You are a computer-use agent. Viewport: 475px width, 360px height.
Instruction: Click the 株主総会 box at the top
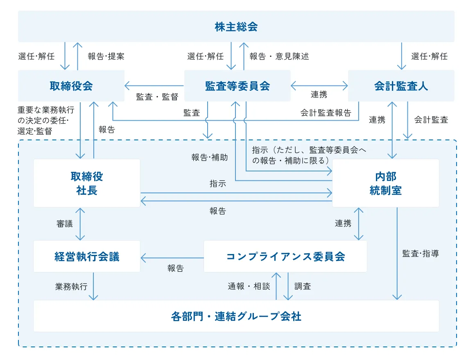236,27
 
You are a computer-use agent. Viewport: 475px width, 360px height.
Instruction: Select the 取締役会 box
71,86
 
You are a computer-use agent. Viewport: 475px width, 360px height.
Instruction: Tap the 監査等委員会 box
237,86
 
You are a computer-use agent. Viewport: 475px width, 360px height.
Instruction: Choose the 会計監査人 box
401,86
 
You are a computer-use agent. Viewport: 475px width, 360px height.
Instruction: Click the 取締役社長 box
87,183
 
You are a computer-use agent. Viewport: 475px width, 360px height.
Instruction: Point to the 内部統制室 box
385,183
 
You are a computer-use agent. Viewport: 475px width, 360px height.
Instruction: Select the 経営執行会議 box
87,256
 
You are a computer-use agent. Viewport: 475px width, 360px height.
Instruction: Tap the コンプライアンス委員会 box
285,256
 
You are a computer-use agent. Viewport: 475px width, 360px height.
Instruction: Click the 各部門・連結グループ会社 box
236,316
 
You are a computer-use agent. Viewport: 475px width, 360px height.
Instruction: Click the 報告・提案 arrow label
106,56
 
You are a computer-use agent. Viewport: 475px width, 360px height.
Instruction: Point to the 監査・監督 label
157,97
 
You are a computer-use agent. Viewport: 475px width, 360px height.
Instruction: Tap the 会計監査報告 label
326,113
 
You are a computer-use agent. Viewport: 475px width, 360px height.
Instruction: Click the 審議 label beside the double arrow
65,224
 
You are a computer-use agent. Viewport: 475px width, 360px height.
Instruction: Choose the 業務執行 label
71,286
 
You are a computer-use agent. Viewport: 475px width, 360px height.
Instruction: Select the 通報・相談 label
249,286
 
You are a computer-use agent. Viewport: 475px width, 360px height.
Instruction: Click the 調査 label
303,286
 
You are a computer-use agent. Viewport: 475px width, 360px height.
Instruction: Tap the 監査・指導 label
421,254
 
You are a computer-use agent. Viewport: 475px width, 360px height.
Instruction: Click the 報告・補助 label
210,157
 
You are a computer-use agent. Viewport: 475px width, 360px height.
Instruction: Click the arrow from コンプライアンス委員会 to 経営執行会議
172,258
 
